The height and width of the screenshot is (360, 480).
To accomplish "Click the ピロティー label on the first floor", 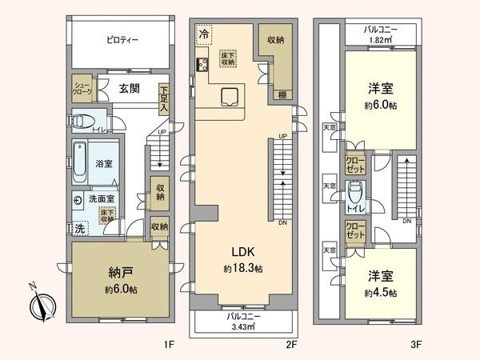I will pyautogui.click(x=121, y=39).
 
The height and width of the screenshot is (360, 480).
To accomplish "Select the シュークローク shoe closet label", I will pyautogui.click(x=83, y=89).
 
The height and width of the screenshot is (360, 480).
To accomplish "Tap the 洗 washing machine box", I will pyautogui.click(x=79, y=227).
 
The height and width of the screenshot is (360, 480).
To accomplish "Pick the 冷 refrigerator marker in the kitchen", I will pyautogui.click(x=204, y=34).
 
